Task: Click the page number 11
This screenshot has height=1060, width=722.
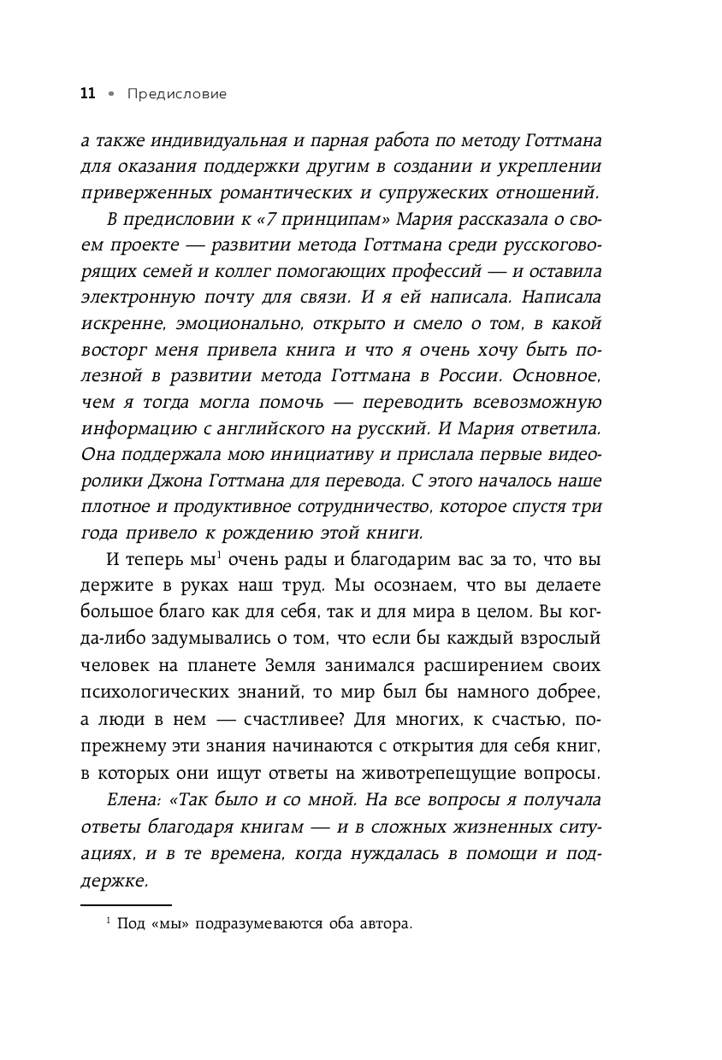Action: click(x=87, y=94)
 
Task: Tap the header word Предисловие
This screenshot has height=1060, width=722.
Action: click(x=177, y=94)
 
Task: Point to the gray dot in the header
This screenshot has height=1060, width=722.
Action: click(x=110, y=94)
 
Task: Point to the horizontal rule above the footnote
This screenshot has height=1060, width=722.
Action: click(x=126, y=904)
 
